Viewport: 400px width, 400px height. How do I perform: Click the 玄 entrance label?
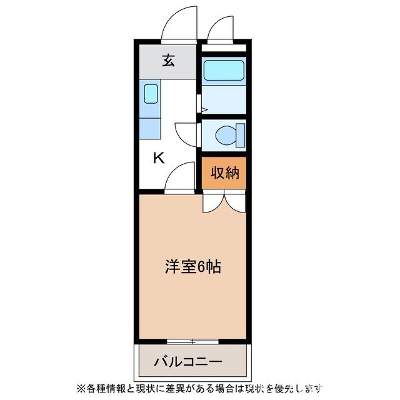[x=169, y=61]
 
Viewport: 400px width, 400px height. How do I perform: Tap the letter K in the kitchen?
[x=159, y=157]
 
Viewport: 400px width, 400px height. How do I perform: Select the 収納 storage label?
[x=223, y=173]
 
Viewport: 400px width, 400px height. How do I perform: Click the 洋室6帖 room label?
[x=192, y=267]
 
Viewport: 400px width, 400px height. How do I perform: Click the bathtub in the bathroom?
[x=223, y=71]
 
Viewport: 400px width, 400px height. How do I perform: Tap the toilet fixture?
[x=225, y=134]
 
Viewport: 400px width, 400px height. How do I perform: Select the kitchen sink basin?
[x=151, y=94]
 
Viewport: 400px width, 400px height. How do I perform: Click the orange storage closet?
[x=223, y=173]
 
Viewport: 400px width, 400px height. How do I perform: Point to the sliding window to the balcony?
[x=192, y=341]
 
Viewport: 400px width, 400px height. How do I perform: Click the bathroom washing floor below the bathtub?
[x=223, y=100]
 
